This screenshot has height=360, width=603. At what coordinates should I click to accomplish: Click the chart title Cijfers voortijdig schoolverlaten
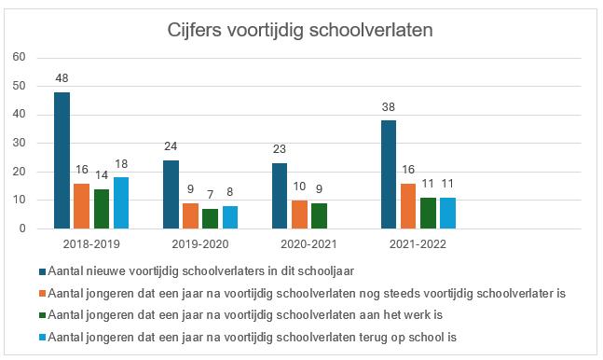[300, 30]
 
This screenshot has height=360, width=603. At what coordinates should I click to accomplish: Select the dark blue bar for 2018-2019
[62, 160]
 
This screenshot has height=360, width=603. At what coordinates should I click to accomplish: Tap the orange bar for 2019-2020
[190, 215]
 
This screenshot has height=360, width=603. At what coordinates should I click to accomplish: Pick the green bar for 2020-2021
[320, 215]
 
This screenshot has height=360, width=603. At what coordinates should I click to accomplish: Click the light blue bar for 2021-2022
[448, 213]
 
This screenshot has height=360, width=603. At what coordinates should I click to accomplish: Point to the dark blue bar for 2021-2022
[390, 174]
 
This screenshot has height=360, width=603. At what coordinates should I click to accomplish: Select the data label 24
[171, 148]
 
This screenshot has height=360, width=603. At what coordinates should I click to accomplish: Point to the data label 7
[210, 197]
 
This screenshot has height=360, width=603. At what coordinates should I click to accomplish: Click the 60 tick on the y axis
[18, 57]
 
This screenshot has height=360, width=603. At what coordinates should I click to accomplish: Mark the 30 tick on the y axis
[18, 143]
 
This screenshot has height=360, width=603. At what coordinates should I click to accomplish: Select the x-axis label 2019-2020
[200, 244]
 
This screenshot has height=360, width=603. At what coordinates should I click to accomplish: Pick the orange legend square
[42, 294]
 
